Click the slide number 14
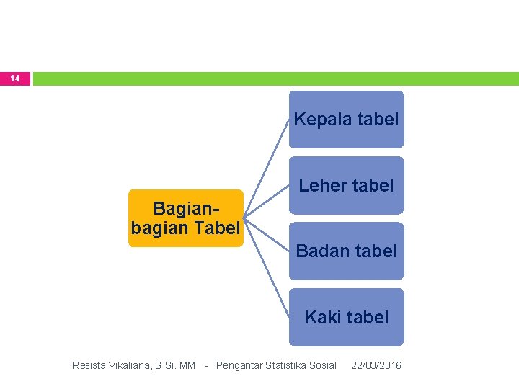click(15, 78)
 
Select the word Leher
click(321, 185)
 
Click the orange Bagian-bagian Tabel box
click(186, 218)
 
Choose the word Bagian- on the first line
click(186, 210)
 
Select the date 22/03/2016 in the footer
click(376, 365)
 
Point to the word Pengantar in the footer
click(240, 365)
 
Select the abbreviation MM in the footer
click(187, 365)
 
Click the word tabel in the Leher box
click(371, 185)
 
